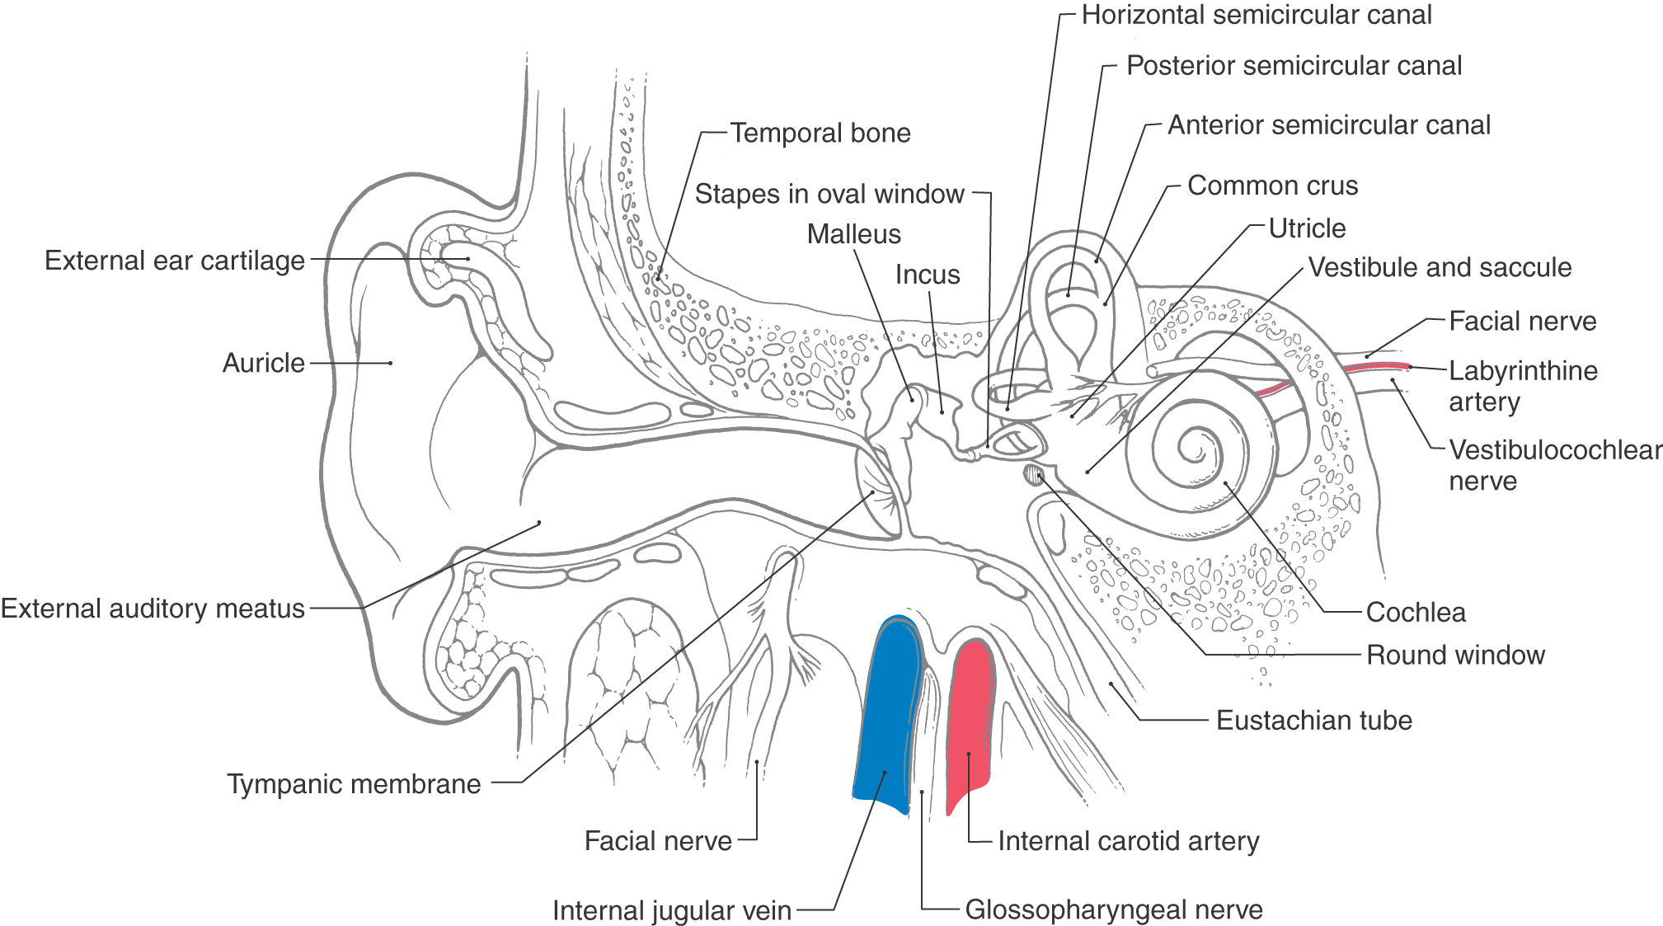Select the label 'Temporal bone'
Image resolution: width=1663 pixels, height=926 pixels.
[x=820, y=133]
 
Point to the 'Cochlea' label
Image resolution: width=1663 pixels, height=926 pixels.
[x=1416, y=613]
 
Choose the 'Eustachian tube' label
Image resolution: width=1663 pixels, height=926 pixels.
[x=1314, y=721]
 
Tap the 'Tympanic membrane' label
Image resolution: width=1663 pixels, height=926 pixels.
[x=354, y=784]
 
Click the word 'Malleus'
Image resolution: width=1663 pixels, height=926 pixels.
[x=853, y=234]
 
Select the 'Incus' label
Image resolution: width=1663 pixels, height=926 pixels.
[x=928, y=275]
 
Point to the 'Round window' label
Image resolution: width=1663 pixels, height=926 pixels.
[x=1455, y=656]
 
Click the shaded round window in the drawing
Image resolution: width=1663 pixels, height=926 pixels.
[x=1033, y=474]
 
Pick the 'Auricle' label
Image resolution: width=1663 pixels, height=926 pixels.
[x=263, y=363]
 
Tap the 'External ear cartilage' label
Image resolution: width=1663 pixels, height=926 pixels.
[x=174, y=261]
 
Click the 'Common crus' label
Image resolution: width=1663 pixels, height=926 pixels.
[x=1272, y=186]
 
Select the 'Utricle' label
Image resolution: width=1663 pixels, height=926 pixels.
[x=1307, y=228]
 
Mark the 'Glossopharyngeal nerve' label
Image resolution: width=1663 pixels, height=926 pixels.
[x=1114, y=910]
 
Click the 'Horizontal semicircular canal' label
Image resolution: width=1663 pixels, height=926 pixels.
[x=1257, y=15]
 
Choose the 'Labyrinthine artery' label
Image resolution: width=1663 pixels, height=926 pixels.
[x=1523, y=386]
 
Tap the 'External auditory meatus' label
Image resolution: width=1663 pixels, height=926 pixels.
[x=153, y=609]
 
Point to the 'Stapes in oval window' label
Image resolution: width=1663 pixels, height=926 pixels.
[x=829, y=194]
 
